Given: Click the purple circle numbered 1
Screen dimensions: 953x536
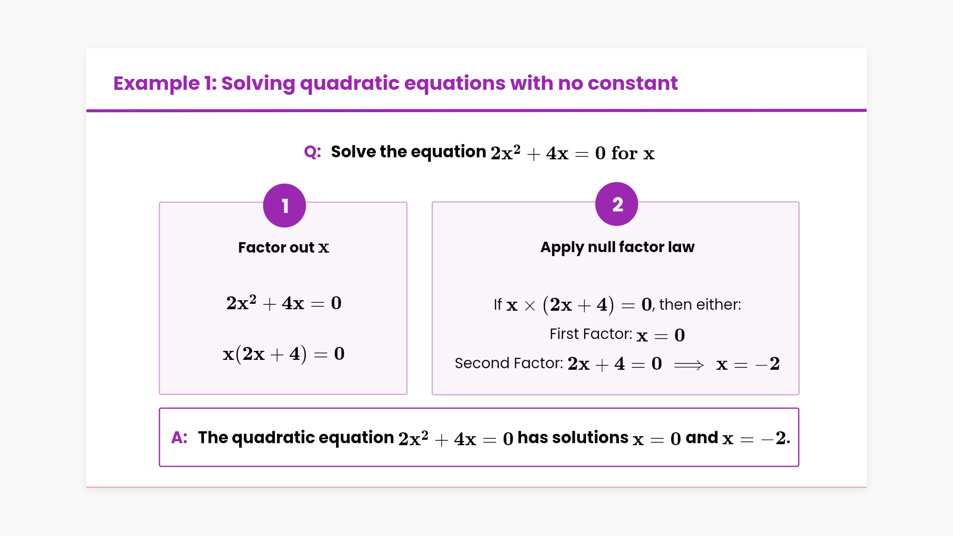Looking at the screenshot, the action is (x=284, y=205).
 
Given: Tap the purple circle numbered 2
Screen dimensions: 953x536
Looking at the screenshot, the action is (x=616, y=204).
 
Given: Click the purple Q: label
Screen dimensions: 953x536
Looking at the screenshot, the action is (x=313, y=152).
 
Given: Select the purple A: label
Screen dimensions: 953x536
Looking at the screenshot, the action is (x=179, y=437).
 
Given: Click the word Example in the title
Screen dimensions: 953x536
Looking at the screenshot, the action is (x=156, y=83).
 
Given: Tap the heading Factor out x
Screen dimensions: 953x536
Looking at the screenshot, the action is (x=283, y=247).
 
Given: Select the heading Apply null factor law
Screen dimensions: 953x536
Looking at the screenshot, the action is (x=617, y=247).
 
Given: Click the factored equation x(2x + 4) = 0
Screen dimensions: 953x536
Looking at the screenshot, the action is (x=283, y=354).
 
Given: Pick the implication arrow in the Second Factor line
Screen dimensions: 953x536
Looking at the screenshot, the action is (x=689, y=365).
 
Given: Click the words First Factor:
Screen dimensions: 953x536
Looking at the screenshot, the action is (x=591, y=334).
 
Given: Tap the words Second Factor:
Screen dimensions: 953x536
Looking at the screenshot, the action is (x=509, y=363).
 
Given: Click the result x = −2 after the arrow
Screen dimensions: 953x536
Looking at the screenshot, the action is (x=748, y=364).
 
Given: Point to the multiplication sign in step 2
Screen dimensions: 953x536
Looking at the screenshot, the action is (x=530, y=306).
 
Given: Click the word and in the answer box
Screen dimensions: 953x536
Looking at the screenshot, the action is (x=702, y=437).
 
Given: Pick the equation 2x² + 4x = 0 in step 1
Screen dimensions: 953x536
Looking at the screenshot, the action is (x=284, y=302).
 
